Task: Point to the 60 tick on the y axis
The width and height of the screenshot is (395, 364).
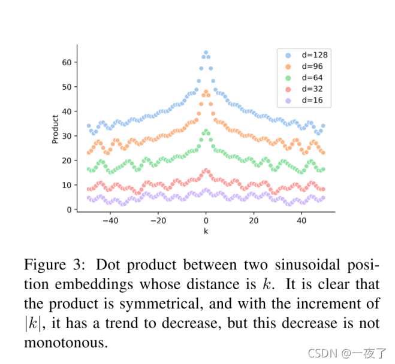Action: (x=67, y=62)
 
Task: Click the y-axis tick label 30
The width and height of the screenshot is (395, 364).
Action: (x=67, y=136)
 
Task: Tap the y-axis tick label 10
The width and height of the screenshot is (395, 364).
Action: (x=67, y=185)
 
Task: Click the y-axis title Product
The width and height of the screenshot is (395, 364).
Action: (x=55, y=129)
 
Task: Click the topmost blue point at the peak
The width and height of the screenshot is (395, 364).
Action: (x=206, y=53)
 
